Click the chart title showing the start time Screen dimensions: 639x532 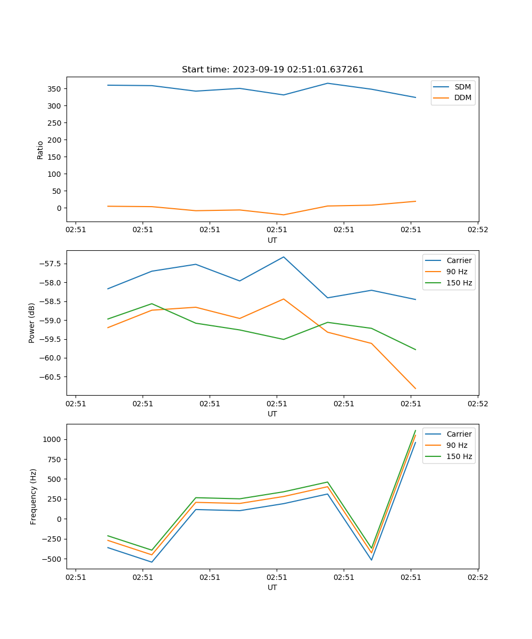point(272,69)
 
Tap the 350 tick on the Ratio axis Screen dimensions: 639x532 point(55,88)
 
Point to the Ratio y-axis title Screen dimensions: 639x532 point(40,150)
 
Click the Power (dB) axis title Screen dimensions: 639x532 point(32,323)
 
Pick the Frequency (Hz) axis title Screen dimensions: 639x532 point(33,496)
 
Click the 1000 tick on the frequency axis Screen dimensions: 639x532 point(52,439)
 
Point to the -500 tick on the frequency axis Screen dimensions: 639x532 point(52,559)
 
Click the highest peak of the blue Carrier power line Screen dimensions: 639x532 point(284,257)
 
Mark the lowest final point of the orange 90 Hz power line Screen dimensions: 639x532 point(415,389)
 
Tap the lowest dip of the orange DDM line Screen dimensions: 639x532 point(283,215)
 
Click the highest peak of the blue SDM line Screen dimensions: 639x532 point(327,83)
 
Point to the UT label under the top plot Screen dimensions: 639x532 point(272,240)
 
